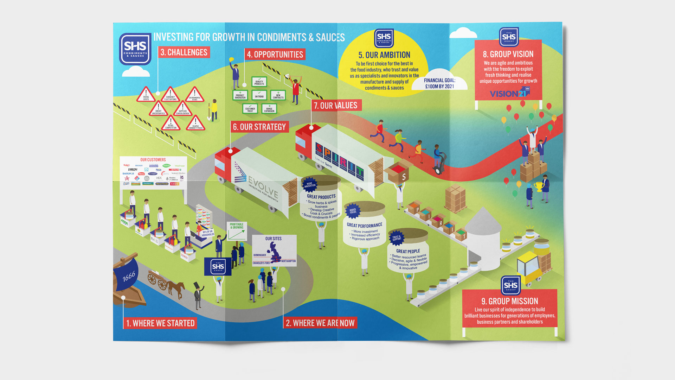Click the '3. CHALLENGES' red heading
coord(184,52)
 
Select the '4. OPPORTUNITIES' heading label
coord(275,55)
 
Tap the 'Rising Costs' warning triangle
coord(146,95)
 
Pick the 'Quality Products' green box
coord(259,82)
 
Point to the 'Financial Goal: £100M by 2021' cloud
coord(439,83)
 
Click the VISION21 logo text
coord(508,94)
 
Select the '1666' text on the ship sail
coord(129,277)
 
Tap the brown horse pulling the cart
coord(176,287)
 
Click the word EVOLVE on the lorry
coord(263,186)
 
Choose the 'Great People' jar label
coord(408,251)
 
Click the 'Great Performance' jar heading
coord(364,225)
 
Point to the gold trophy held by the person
coord(538,186)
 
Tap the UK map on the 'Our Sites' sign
coord(275,251)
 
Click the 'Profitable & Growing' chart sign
coord(237,231)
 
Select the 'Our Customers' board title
coord(153,160)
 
